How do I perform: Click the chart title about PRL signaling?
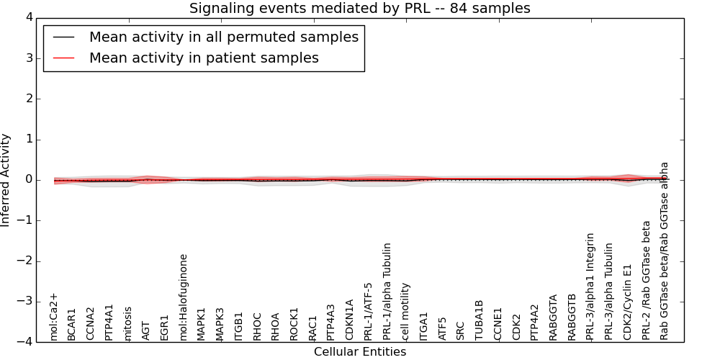[x=359, y=9]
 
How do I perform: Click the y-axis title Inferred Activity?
[x=6, y=180]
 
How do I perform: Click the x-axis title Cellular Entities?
[x=359, y=352]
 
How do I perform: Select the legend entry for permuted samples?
[x=223, y=37]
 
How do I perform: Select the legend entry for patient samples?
[x=204, y=58]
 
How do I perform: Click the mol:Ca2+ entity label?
[x=54, y=316]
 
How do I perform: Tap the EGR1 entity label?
[x=164, y=327]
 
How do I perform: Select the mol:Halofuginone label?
[x=184, y=297]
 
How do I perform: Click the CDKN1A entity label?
[x=350, y=320]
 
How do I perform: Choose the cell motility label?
[x=406, y=311]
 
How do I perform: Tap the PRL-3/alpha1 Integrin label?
[x=590, y=286]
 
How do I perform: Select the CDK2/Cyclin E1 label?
[x=627, y=302]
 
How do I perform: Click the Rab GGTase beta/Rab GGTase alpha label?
[x=664, y=251]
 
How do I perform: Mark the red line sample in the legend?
[x=63, y=58]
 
